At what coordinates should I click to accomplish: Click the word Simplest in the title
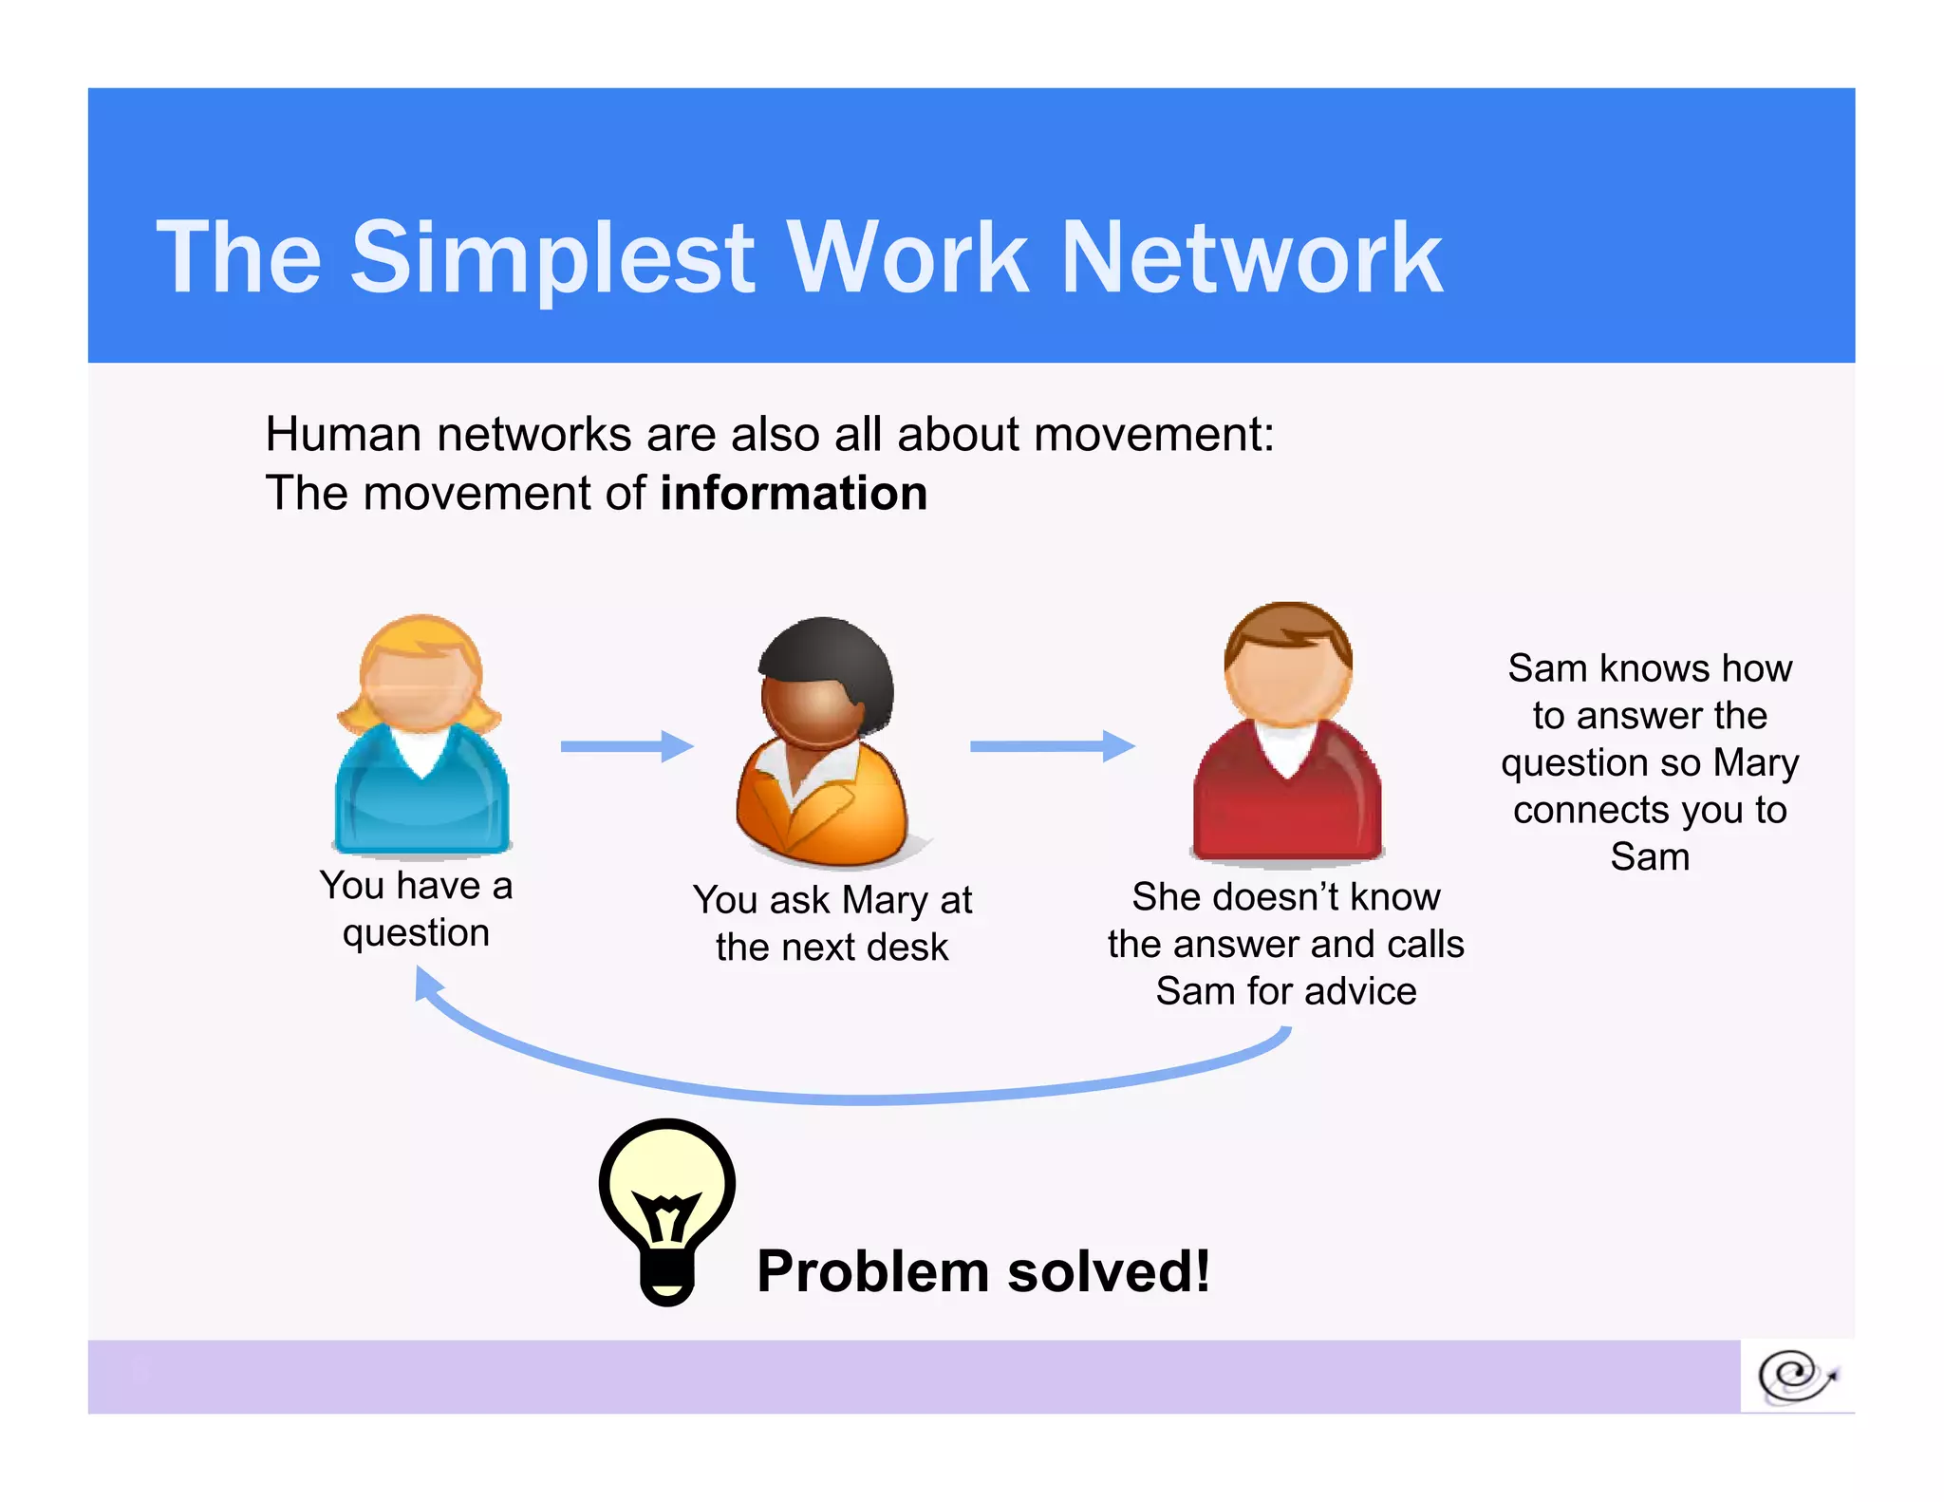[552, 258]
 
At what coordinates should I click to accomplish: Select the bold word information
[794, 494]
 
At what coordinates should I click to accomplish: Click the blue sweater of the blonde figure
[421, 798]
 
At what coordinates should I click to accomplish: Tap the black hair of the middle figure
[835, 655]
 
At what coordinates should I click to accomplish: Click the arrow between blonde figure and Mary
[626, 746]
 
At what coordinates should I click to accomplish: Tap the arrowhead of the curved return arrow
[426, 984]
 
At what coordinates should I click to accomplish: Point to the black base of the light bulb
[667, 1277]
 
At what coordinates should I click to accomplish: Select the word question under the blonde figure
[416, 934]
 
